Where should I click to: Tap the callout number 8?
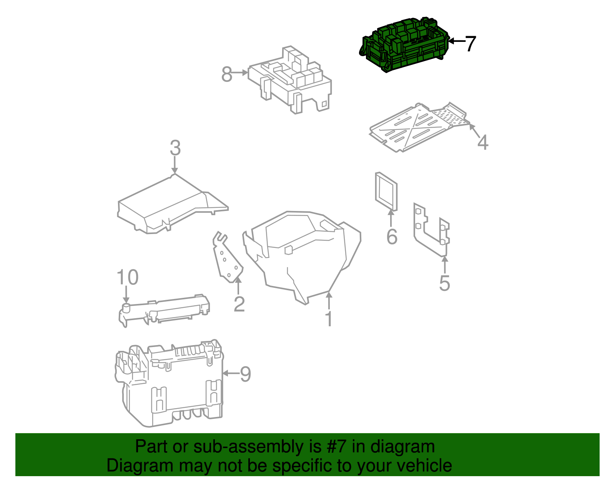coord(227,74)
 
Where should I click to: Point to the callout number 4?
coord(483,142)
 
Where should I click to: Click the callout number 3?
coord(175,148)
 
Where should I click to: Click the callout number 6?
coord(392,236)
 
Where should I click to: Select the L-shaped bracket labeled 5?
coord(430,231)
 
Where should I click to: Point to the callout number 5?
coord(444,283)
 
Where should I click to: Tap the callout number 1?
coord(329,319)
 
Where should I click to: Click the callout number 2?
coord(239,304)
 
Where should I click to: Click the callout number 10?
coord(127,277)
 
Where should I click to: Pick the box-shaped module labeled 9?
coord(169,384)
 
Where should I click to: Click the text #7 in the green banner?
coord(336,447)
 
